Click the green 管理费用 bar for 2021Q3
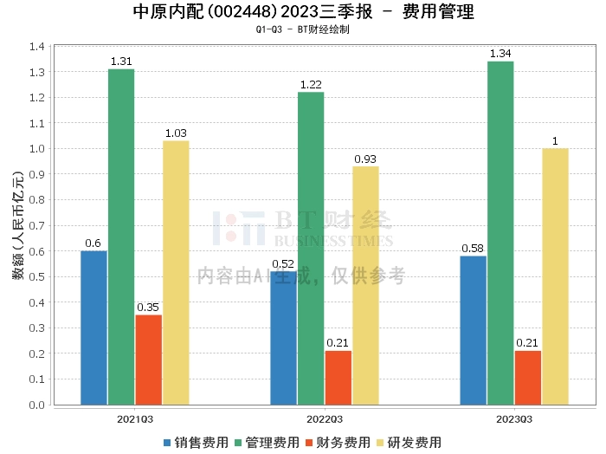click(121, 237)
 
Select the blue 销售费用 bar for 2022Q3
click(284, 338)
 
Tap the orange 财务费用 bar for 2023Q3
click(528, 378)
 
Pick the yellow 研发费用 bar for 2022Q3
click(365, 285)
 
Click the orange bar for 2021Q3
click(149, 360)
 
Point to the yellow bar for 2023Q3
click(556, 276)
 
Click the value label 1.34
click(500, 54)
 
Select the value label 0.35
click(148, 308)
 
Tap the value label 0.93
click(365, 159)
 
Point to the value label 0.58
click(473, 249)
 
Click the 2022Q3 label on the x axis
click(325, 419)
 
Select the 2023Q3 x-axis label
click(514, 419)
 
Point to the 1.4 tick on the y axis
click(37, 47)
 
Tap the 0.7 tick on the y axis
click(37, 225)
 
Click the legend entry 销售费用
click(196, 443)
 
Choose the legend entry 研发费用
click(409, 443)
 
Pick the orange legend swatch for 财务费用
click(309, 443)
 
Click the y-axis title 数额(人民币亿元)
click(18, 225)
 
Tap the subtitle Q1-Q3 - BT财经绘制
click(303, 29)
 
